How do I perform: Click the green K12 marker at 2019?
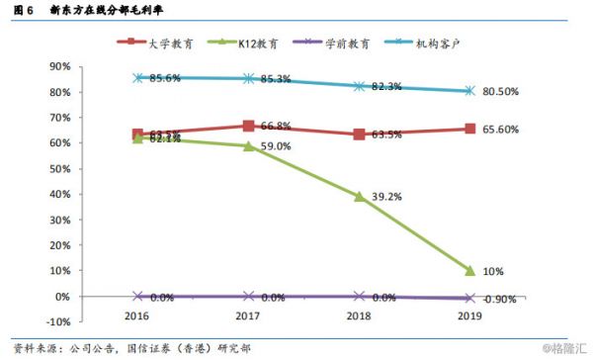point(470,271)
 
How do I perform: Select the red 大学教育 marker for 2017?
point(249,126)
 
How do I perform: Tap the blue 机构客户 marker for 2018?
point(360,86)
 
